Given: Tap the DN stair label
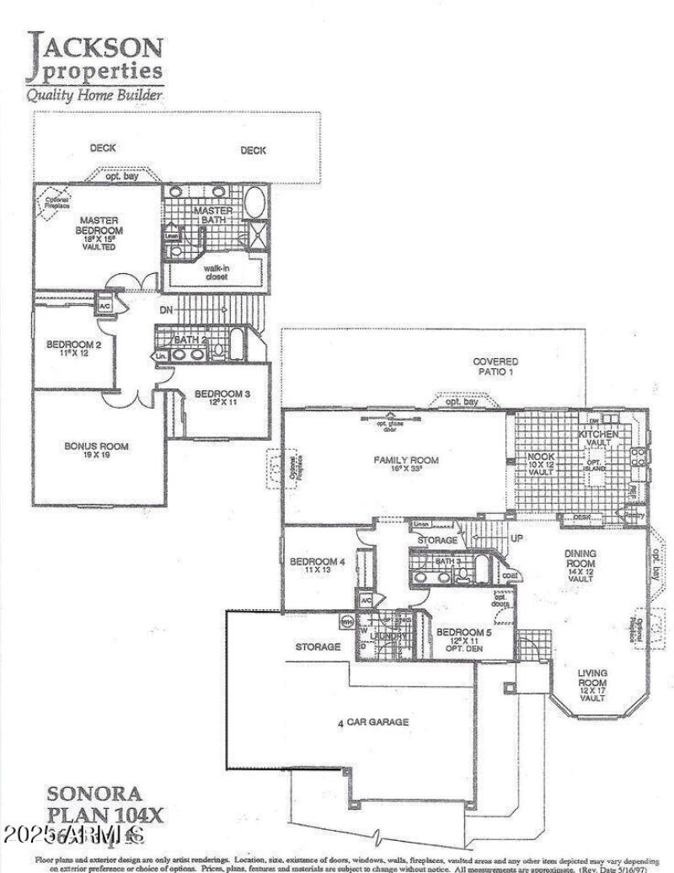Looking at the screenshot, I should (168, 310).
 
